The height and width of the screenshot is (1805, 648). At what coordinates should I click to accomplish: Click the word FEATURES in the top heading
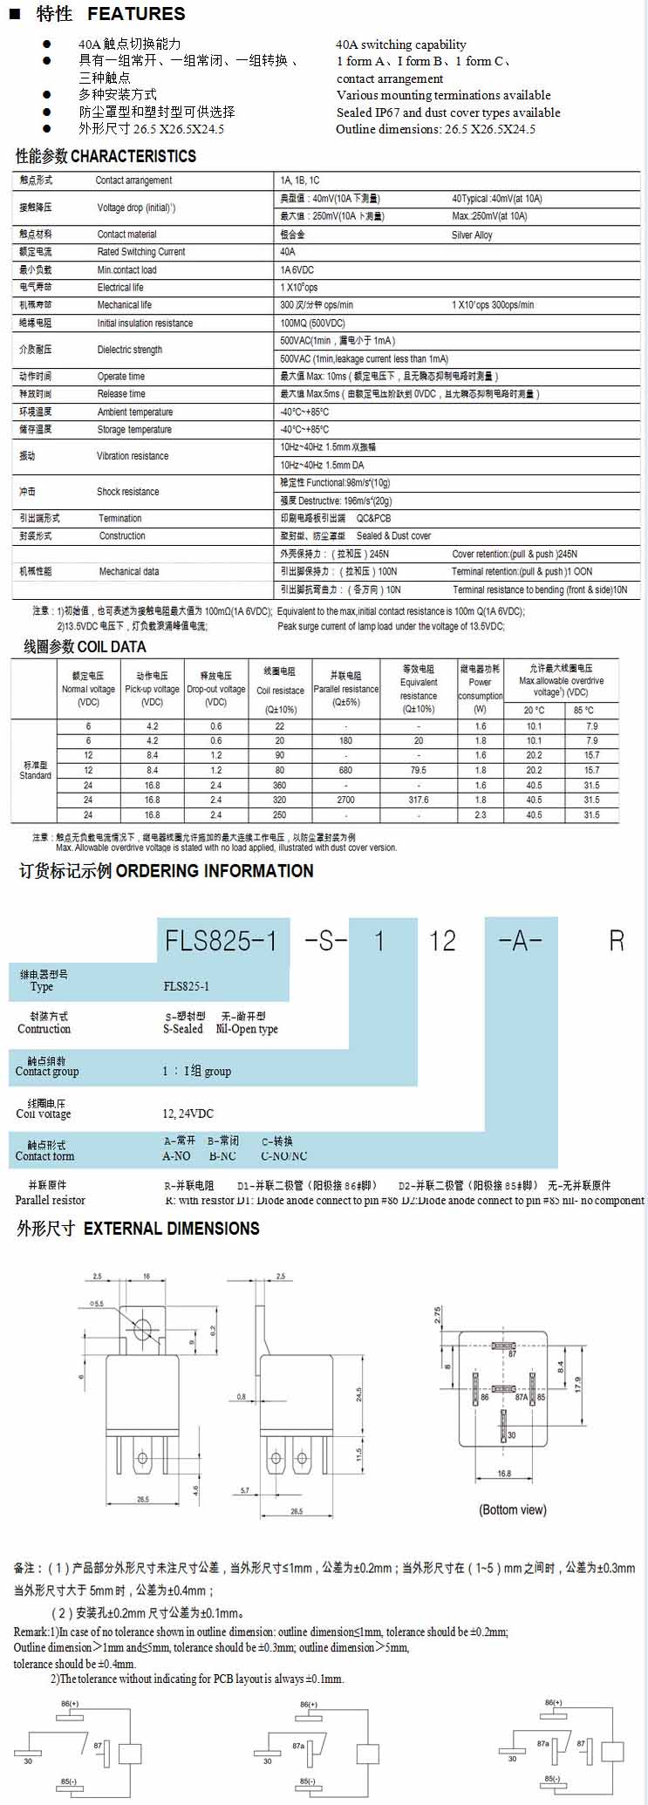point(136,14)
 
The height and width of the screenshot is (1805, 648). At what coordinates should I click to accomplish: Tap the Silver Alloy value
point(472,235)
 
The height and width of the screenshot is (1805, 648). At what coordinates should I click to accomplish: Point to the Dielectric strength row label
point(129,350)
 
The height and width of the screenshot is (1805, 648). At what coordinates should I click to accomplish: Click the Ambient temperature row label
point(134,412)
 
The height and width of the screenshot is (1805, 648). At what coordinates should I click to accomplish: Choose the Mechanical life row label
point(124,305)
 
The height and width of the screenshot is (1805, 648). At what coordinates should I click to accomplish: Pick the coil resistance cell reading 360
point(279,785)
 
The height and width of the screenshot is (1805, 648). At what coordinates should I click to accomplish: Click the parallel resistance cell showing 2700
point(345,800)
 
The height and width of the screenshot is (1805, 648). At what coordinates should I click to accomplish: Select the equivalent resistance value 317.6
point(419,800)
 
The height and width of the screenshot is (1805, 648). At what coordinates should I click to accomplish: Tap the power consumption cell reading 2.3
point(481,814)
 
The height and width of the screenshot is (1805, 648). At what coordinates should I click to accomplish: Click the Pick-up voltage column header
point(152,689)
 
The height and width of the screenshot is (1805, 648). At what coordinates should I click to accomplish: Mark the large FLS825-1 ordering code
point(222,940)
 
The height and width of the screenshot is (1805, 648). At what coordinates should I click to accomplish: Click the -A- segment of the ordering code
point(520,940)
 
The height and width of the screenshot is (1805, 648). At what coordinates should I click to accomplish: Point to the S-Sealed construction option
point(183,1029)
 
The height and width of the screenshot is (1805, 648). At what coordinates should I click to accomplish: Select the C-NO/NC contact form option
point(283,1156)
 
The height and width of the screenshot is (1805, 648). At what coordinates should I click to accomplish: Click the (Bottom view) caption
point(513,1509)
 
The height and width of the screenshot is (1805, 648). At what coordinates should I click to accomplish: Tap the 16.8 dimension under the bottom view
point(504,1474)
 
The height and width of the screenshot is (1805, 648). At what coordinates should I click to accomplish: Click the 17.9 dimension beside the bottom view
point(578,1384)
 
